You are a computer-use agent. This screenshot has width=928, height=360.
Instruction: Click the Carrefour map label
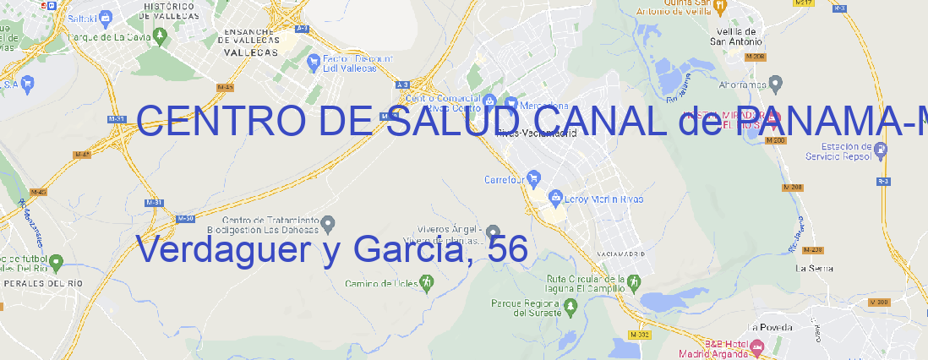point(505,179)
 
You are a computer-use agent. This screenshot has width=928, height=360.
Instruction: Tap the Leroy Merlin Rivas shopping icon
point(555,199)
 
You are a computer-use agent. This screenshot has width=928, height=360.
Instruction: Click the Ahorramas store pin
point(776,83)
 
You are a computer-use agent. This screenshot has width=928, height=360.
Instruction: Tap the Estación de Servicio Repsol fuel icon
point(882,150)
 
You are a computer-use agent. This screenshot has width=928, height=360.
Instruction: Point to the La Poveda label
point(771,327)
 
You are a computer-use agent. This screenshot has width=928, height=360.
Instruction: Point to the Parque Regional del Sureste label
point(526,307)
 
